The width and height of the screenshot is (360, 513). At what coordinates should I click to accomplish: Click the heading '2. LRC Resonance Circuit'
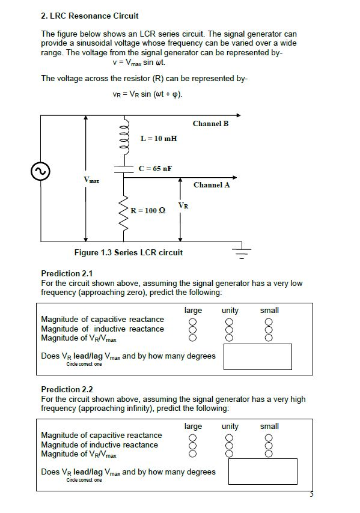(90, 16)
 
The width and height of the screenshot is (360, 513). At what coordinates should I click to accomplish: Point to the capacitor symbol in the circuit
(124, 169)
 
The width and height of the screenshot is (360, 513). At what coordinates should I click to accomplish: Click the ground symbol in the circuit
(242, 253)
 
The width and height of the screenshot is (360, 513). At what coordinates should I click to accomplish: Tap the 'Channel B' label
(210, 124)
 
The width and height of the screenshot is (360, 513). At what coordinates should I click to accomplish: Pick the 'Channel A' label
(212, 185)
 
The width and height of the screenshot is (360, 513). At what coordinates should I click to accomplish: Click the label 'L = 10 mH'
(159, 139)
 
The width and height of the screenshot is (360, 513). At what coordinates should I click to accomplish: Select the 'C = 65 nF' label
(155, 168)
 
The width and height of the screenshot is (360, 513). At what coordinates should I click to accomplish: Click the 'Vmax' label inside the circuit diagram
(91, 180)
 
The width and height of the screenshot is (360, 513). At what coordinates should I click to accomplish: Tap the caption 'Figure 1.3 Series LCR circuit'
(128, 252)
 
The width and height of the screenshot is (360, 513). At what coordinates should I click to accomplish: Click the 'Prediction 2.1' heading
(67, 274)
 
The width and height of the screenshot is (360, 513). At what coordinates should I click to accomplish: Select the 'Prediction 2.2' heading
(67, 389)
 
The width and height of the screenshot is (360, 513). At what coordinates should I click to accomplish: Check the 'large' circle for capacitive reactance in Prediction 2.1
(193, 320)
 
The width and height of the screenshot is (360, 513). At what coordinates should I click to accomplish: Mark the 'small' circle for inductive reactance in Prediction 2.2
(269, 445)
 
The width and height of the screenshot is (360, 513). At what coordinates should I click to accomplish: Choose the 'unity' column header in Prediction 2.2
(230, 426)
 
